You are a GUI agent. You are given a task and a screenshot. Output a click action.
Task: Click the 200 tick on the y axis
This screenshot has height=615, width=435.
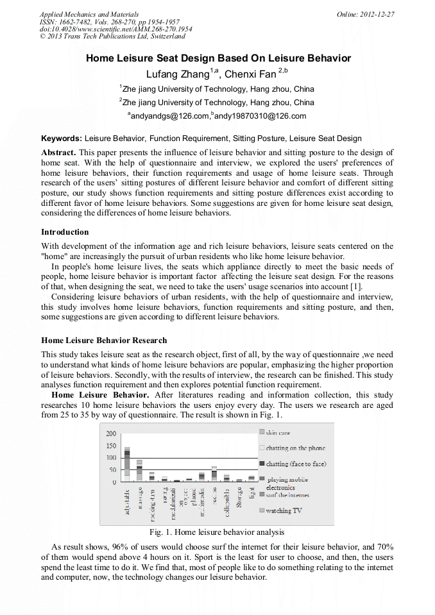click(x=110, y=434)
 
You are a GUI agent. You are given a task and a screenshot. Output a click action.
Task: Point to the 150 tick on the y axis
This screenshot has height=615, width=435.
click(x=110, y=446)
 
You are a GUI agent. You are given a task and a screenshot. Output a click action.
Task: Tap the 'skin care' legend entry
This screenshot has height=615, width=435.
click(x=278, y=433)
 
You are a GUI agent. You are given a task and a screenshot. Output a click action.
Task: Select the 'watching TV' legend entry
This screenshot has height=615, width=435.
click(x=283, y=510)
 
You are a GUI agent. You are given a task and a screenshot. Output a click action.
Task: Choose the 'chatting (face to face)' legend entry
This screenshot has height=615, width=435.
click(x=296, y=464)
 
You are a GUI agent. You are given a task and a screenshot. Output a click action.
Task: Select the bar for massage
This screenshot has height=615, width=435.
click(x=139, y=471)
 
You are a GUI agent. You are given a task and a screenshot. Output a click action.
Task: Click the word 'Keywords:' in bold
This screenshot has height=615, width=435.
click(x=62, y=139)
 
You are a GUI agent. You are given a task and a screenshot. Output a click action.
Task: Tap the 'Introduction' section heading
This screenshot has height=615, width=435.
click(x=65, y=232)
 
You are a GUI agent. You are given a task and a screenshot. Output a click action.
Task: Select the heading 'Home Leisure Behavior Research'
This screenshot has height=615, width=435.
click(x=104, y=341)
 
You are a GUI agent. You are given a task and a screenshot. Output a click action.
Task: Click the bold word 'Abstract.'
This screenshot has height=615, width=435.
click(x=58, y=153)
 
